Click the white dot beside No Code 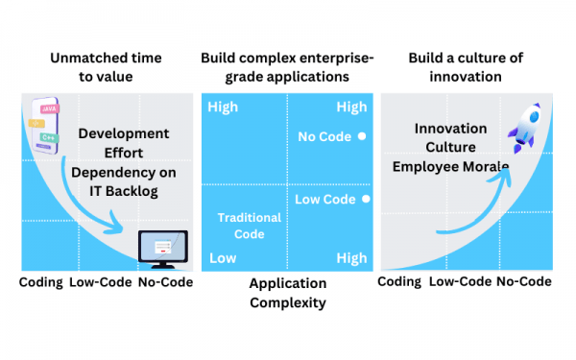click(362, 136)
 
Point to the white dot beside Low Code click(366, 200)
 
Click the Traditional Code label click(248, 226)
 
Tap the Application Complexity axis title click(287, 293)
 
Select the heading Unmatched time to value click(106, 68)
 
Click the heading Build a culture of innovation click(467, 68)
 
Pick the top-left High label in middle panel click(223, 107)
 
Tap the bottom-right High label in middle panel click(351, 258)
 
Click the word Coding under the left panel click(40, 282)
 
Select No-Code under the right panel click(524, 281)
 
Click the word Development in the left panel click(123, 133)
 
